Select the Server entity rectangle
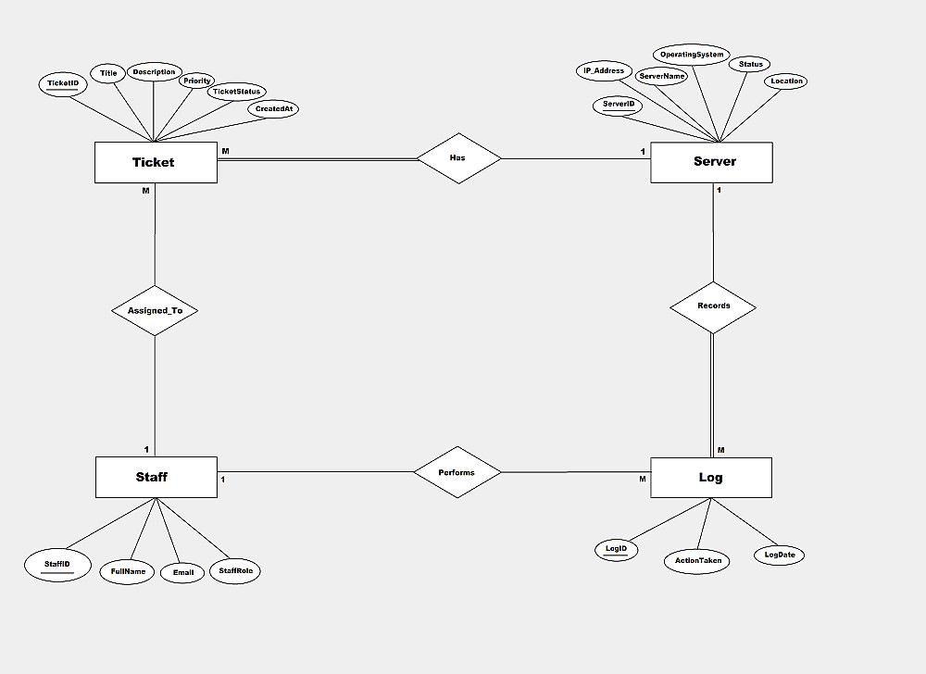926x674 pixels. [x=711, y=162]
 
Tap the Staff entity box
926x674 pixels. [x=156, y=478]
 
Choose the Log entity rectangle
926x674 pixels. [x=711, y=478]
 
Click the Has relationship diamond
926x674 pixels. [x=458, y=158]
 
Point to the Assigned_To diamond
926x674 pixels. [x=155, y=311]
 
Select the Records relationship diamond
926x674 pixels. [x=713, y=306]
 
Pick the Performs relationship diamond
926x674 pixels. [x=457, y=473]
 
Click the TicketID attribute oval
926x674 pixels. [x=63, y=84]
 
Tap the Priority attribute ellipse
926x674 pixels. [x=197, y=81]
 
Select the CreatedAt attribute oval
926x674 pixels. [x=274, y=109]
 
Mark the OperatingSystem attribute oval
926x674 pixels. [x=692, y=56]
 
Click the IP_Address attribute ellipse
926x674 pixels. [x=604, y=71]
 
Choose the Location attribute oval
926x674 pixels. [x=787, y=81]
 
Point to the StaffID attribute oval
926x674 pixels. [x=56, y=564]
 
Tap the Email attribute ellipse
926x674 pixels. [x=182, y=573]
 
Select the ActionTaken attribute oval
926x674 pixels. [x=696, y=560]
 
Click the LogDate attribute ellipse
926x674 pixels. [x=779, y=555]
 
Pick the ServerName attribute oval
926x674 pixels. [x=662, y=76]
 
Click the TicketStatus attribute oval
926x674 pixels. [x=237, y=92]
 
